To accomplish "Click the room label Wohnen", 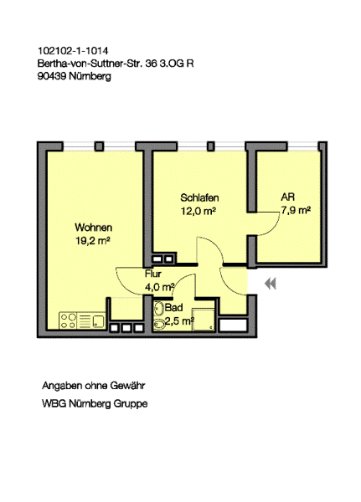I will (x=93, y=228).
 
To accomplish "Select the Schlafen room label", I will (x=199, y=198).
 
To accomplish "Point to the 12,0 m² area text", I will (x=199, y=212).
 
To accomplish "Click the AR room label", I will (x=287, y=198).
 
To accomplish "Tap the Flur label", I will (x=152, y=274).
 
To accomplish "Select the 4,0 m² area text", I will (x=159, y=286).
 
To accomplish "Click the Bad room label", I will (x=173, y=307).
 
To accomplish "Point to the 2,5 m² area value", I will (x=179, y=320).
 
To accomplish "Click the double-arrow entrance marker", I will (x=270, y=284).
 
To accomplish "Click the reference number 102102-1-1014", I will (x=72, y=50).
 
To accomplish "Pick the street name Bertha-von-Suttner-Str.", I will (x=90, y=63).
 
